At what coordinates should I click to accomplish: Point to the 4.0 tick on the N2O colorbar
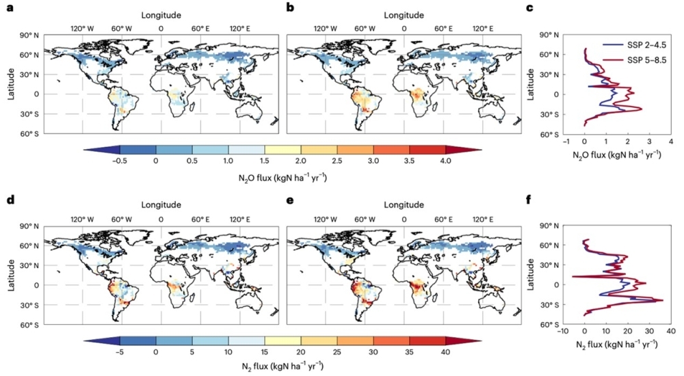[445, 160]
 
